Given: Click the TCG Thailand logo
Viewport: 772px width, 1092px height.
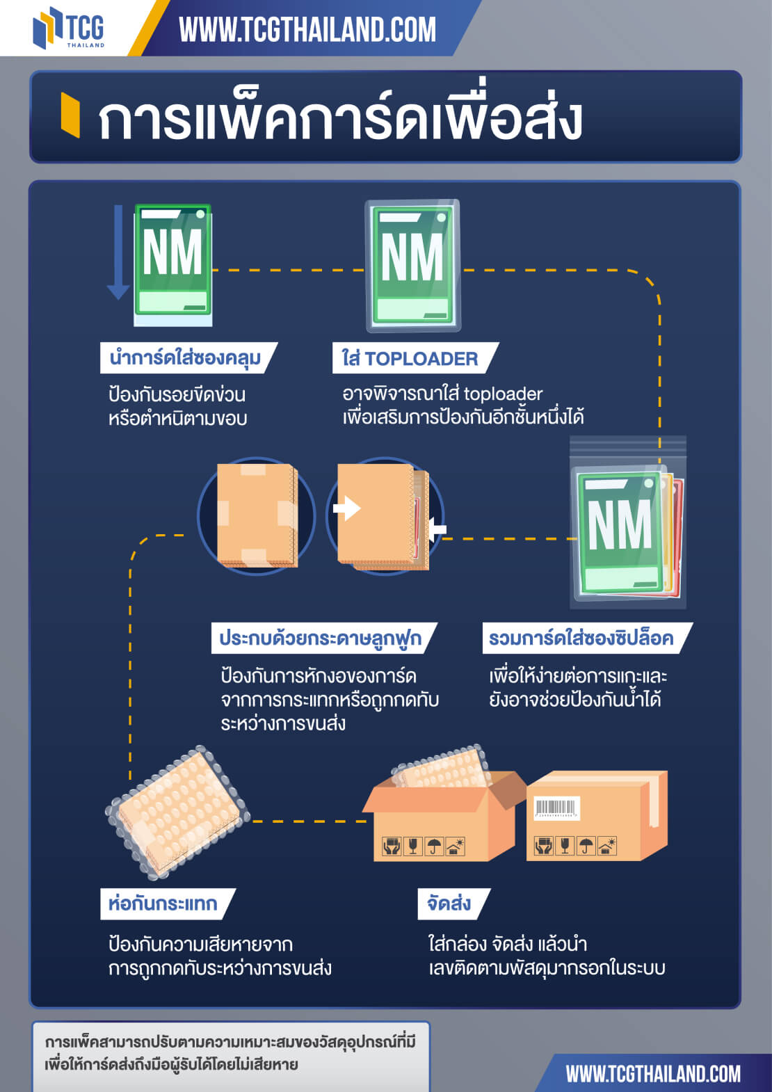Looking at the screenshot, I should click(x=68, y=28).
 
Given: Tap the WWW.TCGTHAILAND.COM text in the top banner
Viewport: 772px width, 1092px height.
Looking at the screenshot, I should click(x=307, y=30).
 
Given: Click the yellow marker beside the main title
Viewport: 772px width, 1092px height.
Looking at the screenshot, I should click(x=70, y=115).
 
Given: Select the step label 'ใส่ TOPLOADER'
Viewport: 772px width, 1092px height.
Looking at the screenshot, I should click(x=410, y=359).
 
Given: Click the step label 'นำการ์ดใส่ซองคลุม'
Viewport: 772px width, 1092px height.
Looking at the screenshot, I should click(x=185, y=358).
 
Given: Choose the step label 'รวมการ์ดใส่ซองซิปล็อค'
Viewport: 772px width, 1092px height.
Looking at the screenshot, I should click(x=581, y=639).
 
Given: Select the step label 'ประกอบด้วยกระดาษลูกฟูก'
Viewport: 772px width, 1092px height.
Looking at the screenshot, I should click(x=320, y=639).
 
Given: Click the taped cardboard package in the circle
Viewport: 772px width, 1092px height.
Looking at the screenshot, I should click(x=257, y=515).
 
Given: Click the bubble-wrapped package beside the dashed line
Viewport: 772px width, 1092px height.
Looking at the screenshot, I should click(x=177, y=812).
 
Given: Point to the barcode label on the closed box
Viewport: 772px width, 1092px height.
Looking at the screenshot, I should click(x=556, y=808).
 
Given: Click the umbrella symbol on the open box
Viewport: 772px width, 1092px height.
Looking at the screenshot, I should click(x=434, y=846).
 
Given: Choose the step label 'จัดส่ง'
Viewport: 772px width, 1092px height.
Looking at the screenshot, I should click(x=449, y=904).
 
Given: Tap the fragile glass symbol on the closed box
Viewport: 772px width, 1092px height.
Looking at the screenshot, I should click(x=565, y=846).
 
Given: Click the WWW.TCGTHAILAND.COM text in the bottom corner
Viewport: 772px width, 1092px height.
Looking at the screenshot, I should click(x=652, y=1074).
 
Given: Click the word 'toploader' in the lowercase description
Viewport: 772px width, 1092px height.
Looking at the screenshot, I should click(x=503, y=394).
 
